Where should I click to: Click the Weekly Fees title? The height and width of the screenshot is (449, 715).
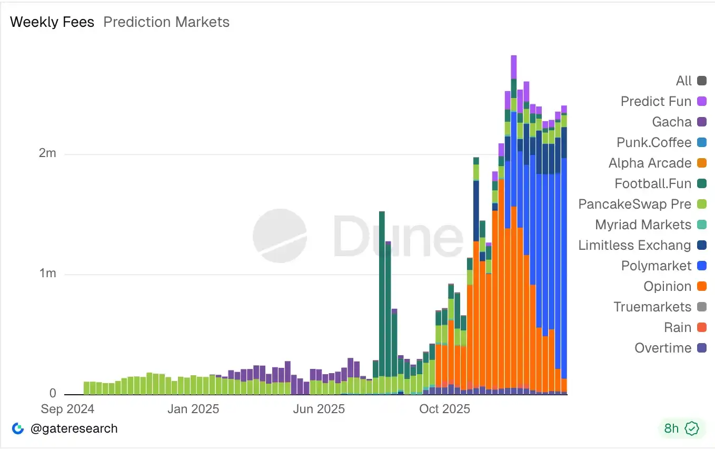52,22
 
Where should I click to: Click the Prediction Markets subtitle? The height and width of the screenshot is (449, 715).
166,22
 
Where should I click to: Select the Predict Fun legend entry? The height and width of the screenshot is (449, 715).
656,101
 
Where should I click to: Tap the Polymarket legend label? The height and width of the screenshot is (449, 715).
656,266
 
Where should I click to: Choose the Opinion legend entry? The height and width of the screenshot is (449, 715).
667,286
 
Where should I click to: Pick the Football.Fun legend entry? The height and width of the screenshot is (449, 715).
653,183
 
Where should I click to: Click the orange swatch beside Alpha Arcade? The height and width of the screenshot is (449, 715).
701,163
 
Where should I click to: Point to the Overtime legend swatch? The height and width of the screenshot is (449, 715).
701,348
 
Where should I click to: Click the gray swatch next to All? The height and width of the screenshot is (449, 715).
701,81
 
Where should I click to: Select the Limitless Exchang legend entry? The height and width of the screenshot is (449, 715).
634,245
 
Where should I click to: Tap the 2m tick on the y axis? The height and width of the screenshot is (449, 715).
48,153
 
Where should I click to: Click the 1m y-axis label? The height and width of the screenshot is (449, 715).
48,274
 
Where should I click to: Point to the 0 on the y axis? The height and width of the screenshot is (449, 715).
53,393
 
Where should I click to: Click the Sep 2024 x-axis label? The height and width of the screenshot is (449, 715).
67,409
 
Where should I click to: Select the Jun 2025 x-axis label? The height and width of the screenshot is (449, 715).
319,409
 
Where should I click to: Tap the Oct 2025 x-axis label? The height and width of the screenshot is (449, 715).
444,409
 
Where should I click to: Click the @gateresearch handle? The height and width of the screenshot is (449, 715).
74,428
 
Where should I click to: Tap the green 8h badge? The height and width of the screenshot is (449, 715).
681,428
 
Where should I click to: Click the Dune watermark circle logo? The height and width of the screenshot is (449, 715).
279,236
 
